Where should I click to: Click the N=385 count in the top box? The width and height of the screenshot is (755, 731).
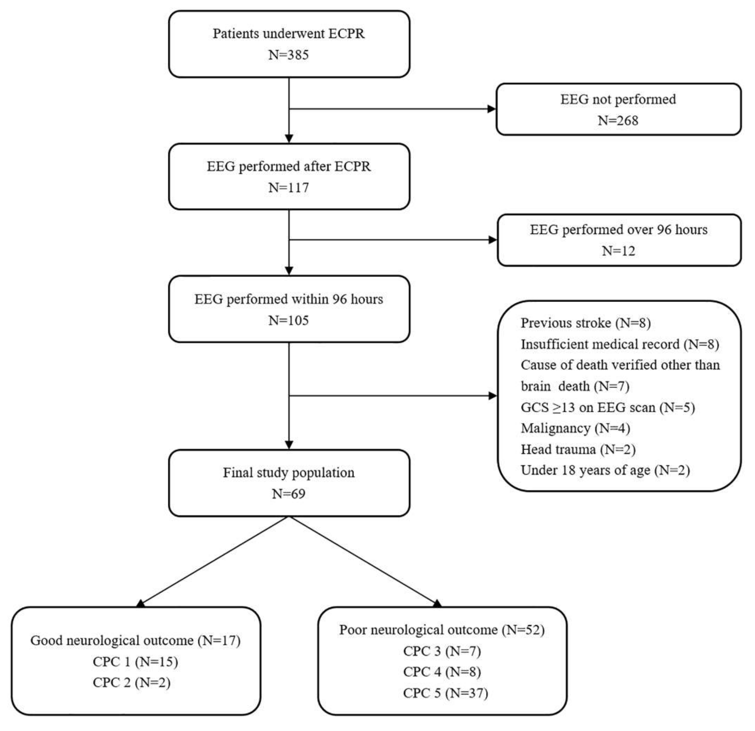pyautogui.click(x=289, y=55)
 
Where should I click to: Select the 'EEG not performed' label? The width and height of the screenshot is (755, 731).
pyautogui.click(x=618, y=99)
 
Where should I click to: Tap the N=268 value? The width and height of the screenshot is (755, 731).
pyautogui.click(x=618, y=121)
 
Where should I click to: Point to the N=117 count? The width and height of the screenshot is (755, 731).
pyautogui.click(x=289, y=187)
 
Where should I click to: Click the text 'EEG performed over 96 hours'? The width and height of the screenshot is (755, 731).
pyautogui.click(x=619, y=230)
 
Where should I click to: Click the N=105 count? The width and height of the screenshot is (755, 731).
pyautogui.click(x=289, y=320)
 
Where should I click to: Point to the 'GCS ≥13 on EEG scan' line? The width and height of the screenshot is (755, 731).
pyautogui.click(x=607, y=407)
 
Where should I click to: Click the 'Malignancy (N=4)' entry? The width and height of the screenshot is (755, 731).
pyautogui.click(x=575, y=428)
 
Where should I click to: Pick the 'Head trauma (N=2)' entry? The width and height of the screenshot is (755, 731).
pyautogui.click(x=578, y=449)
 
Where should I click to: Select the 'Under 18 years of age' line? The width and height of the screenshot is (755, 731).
pyautogui.click(x=605, y=470)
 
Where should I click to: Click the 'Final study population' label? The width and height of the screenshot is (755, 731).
pyautogui.click(x=289, y=473)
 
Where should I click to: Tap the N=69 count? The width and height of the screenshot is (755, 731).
pyautogui.click(x=289, y=494)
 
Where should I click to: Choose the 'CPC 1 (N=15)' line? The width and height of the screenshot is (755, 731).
pyautogui.click(x=135, y=662)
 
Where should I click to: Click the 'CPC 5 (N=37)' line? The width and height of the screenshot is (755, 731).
pyautogui.click(x=445, y=693)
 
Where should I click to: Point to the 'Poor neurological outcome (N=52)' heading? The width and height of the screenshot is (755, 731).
pyautogui.click(x=442, y=630)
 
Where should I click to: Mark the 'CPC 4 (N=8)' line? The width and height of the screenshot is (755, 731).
pyautogui.click(x=442, y=672)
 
